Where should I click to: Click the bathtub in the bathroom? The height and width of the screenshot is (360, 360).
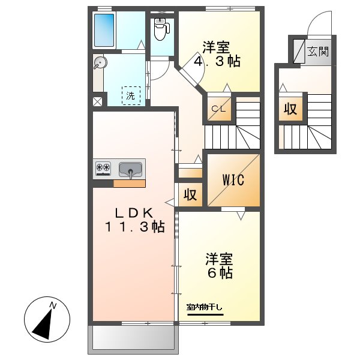pos(104,30)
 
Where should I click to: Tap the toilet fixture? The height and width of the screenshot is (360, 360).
pos(161,29)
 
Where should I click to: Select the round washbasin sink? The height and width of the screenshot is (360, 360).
pos(100,62)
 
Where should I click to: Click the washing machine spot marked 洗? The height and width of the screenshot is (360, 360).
pos(131,95)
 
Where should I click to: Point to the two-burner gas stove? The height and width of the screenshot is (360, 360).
pos(103,168)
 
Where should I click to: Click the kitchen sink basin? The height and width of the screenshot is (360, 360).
pos(130,170)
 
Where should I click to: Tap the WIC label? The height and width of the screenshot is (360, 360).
pos(233,180)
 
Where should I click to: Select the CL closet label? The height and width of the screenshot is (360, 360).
pos(219,109)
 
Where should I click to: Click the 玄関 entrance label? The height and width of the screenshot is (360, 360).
pos(318,52)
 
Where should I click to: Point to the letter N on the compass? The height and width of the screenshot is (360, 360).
pos(53,305)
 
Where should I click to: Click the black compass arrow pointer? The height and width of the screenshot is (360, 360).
pos(43,325)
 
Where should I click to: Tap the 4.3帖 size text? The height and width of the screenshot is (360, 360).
pos(217,61)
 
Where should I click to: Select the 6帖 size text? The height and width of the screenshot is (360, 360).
pos(220,273)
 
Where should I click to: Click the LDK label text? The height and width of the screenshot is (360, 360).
pos(134,213)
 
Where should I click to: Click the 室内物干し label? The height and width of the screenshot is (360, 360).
pos(205,307)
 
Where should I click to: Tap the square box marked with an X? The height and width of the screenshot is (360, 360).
pos(97,101)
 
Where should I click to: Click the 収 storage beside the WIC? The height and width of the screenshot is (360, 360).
pos(190,194)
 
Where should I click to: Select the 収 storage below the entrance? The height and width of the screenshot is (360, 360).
pos(290,109)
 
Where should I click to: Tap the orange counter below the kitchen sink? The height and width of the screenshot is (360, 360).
pos(129,184)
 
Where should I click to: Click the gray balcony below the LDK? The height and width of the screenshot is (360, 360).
pos(133,337)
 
